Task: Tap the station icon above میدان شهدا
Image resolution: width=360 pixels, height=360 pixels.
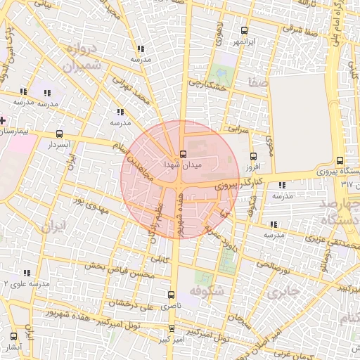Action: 184,153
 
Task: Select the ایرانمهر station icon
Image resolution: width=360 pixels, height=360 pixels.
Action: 244,30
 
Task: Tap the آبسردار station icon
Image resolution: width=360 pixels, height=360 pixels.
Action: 59,134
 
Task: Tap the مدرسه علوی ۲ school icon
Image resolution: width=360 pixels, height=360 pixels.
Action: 27,273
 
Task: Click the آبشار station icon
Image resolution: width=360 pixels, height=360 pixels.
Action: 13,337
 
